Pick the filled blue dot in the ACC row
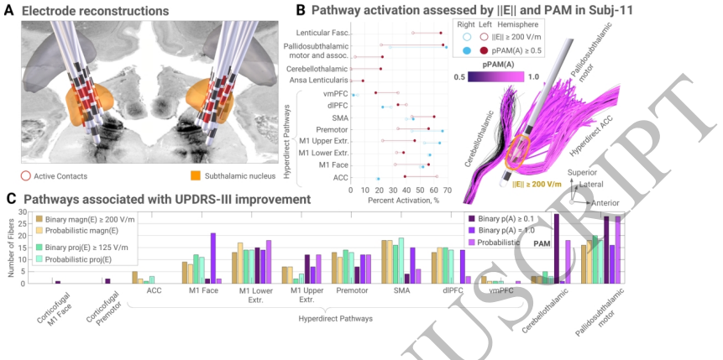point(379,178)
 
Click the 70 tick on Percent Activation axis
point(448,190)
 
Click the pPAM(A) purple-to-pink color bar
point(492,76)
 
